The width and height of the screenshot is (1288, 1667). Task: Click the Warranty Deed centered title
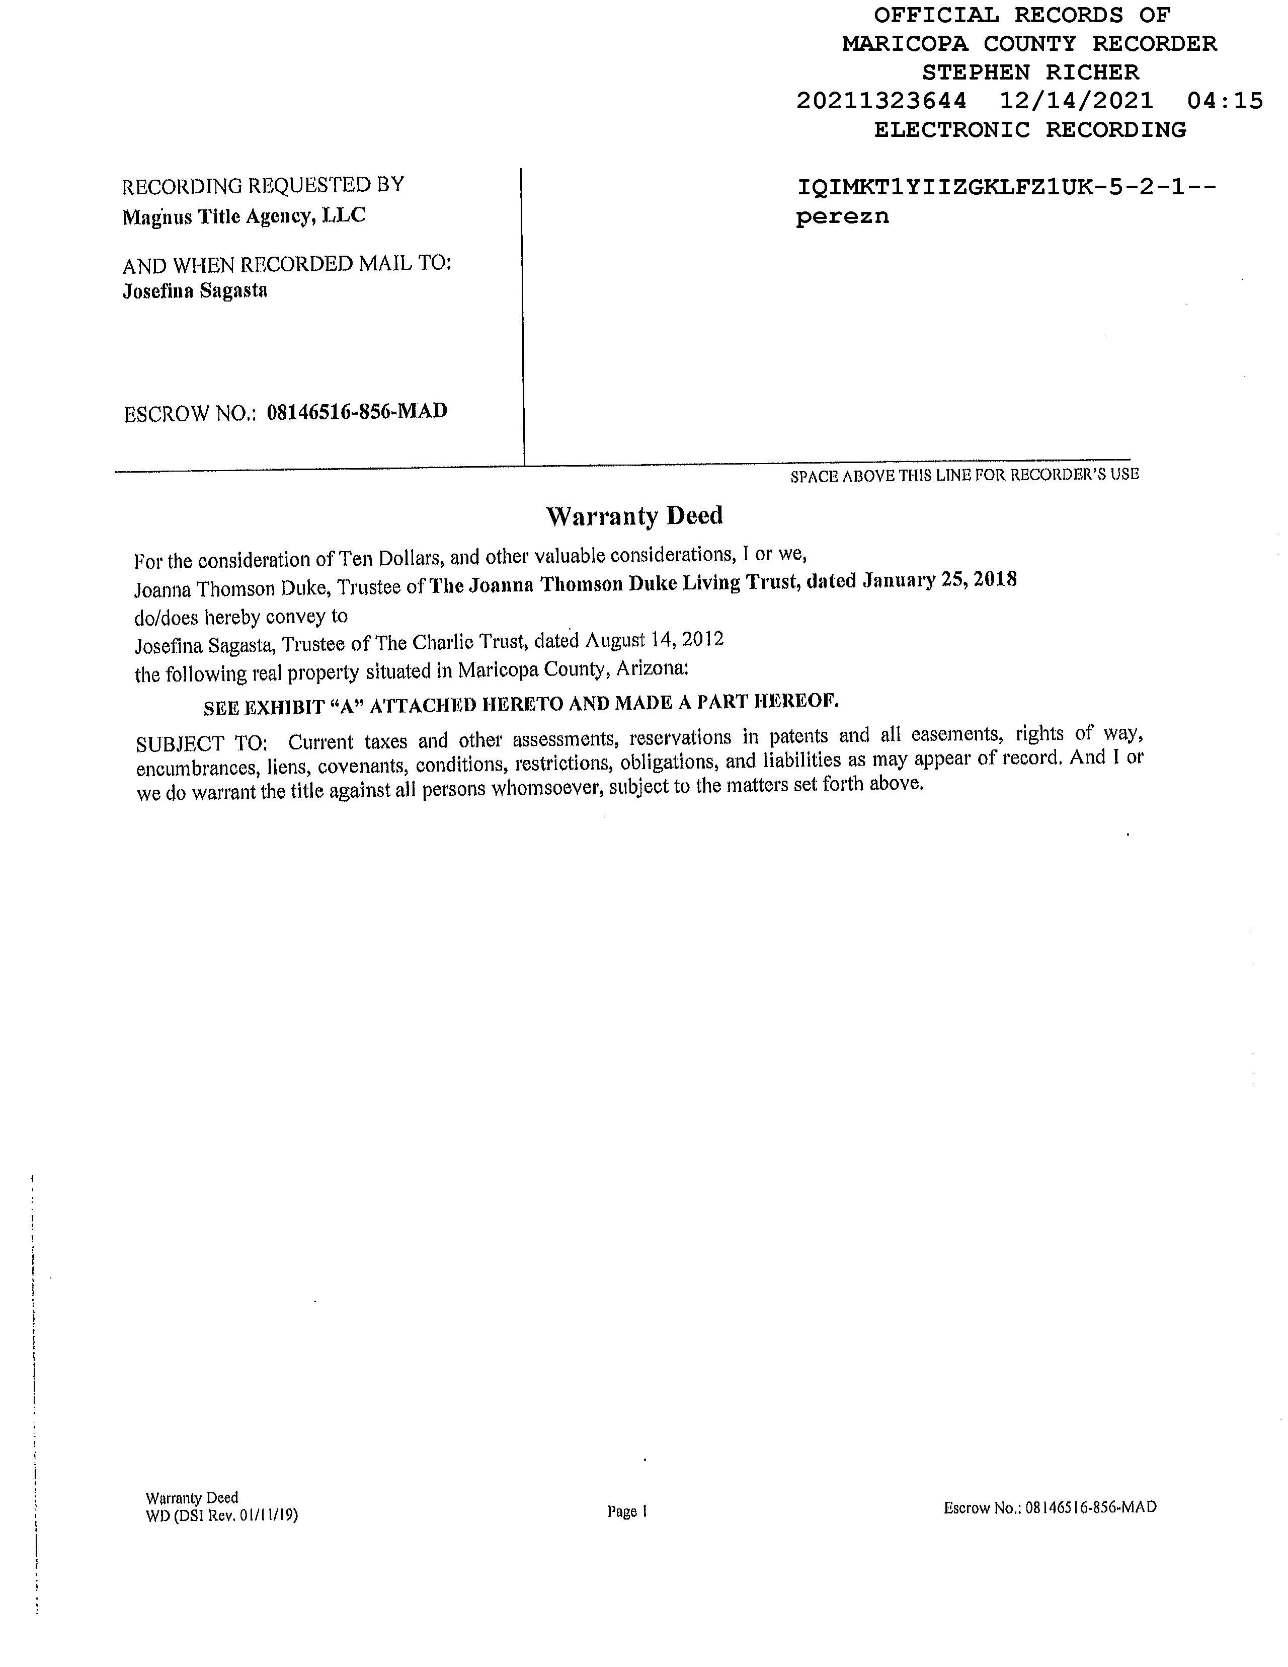tap(634, 516)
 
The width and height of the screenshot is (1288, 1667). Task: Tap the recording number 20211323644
tap(881, 101)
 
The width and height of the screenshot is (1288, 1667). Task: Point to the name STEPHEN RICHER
tap(1030, 72)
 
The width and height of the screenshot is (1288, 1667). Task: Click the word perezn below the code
tap(842, 217)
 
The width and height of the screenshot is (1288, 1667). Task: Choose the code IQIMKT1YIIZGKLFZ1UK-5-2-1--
tap(1006, 187)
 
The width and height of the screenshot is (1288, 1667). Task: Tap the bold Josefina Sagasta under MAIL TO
tap(195, 291)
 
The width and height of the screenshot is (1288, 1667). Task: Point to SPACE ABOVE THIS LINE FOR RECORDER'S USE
tap(964, 475)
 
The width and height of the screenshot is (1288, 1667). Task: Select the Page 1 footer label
tap(627, 1510)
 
